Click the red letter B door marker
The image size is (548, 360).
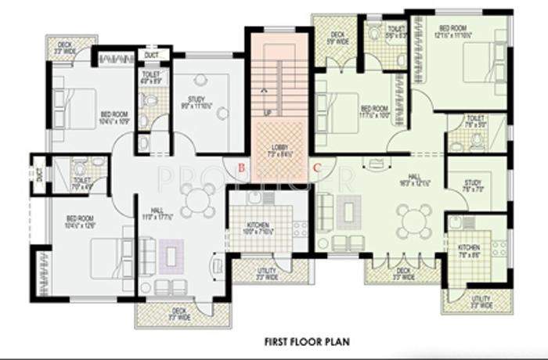[242, 167]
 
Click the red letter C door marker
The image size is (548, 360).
[316, 167]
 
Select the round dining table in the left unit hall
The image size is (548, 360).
[193, 199]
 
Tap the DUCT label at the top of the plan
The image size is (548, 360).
[152, 55]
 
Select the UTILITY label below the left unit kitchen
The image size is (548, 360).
[267, 271]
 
